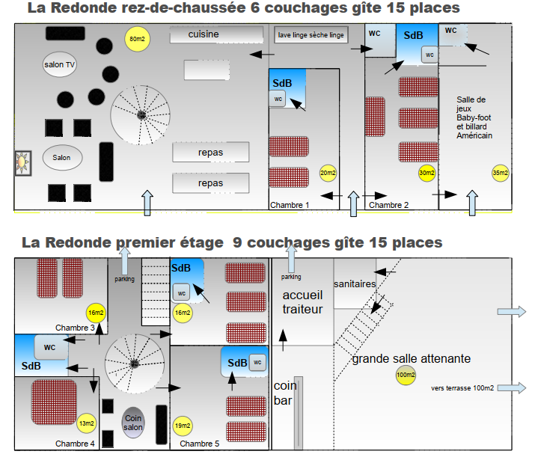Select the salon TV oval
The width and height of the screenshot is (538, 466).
coord(60,65)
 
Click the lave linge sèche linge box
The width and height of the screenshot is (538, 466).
coord(311,35)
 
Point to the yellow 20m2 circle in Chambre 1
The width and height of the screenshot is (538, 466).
coord(328,173)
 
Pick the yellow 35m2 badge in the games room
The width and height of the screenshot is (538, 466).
coord(501,173)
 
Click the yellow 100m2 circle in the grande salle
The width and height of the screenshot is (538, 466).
coord(406,375)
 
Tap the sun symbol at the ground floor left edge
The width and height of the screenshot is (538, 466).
coord(23,162)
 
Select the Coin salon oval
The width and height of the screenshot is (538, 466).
coord(133,423)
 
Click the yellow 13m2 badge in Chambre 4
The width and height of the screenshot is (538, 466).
coord(86,423)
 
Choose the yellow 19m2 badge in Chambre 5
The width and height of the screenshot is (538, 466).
coord(181,426)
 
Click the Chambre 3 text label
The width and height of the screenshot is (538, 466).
coord(75,328)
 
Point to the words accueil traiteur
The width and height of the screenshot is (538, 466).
coord(302,301)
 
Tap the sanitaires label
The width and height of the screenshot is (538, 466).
coord(355,284)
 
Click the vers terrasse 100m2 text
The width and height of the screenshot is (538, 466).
coord(463,388)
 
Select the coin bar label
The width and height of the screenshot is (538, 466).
coord(284,394)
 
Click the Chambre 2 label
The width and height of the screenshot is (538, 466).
coord(388,204)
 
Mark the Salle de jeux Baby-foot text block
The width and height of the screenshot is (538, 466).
coord(474,117)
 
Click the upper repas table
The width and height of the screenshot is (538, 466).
coord(211,153)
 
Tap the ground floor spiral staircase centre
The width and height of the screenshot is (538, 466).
coord(141,115)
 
